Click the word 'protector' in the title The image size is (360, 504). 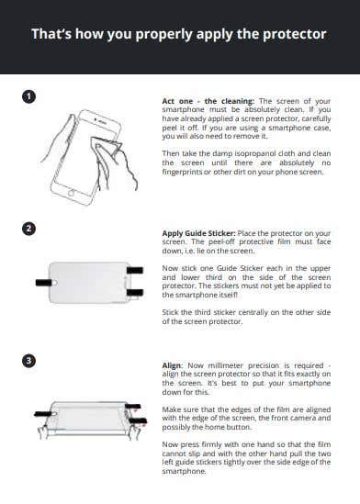pos(293,35)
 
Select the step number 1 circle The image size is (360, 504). pos(29,95)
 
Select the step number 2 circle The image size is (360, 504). pos(29,229)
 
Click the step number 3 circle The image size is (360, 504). pos(29,361)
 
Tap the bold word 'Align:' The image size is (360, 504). pos(174,364)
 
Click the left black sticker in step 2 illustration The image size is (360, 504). pos(42,275)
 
